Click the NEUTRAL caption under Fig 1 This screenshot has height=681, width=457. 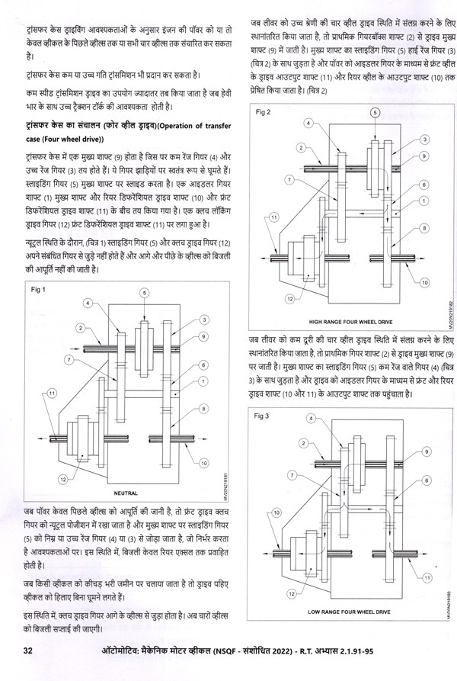pyautogui.click(x=125, y=493)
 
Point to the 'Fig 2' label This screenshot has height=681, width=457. pyautogui.click(x=264, y=112)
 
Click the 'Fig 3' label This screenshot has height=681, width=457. pyautogui.click(x=263, y=416)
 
